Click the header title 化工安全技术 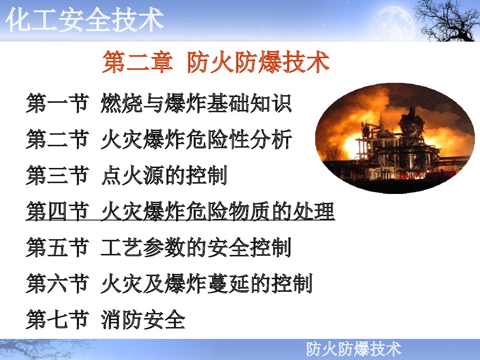85,21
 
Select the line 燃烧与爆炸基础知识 196,104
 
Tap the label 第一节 57,104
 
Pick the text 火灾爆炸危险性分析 196,140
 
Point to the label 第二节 57,140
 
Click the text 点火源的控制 164,176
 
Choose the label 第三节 57,176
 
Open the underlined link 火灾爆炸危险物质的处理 217,212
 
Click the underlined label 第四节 57,212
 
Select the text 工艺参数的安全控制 196,248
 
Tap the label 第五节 57,248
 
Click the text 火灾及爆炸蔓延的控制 206,284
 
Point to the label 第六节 57,284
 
